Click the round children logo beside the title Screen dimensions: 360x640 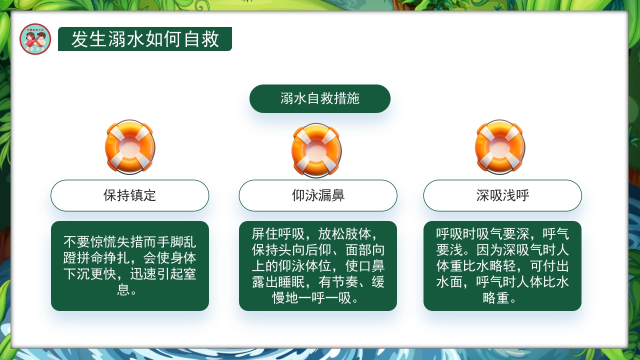35,39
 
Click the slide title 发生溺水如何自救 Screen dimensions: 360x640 145,39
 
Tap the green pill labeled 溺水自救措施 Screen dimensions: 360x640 320,98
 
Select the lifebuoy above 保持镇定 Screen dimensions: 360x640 130,147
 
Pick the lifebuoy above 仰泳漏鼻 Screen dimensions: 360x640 316,150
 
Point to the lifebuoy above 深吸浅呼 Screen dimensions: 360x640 500,147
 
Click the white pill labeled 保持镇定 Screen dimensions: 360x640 130,195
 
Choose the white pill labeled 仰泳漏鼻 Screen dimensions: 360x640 318,195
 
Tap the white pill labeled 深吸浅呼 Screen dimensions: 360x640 502,195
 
